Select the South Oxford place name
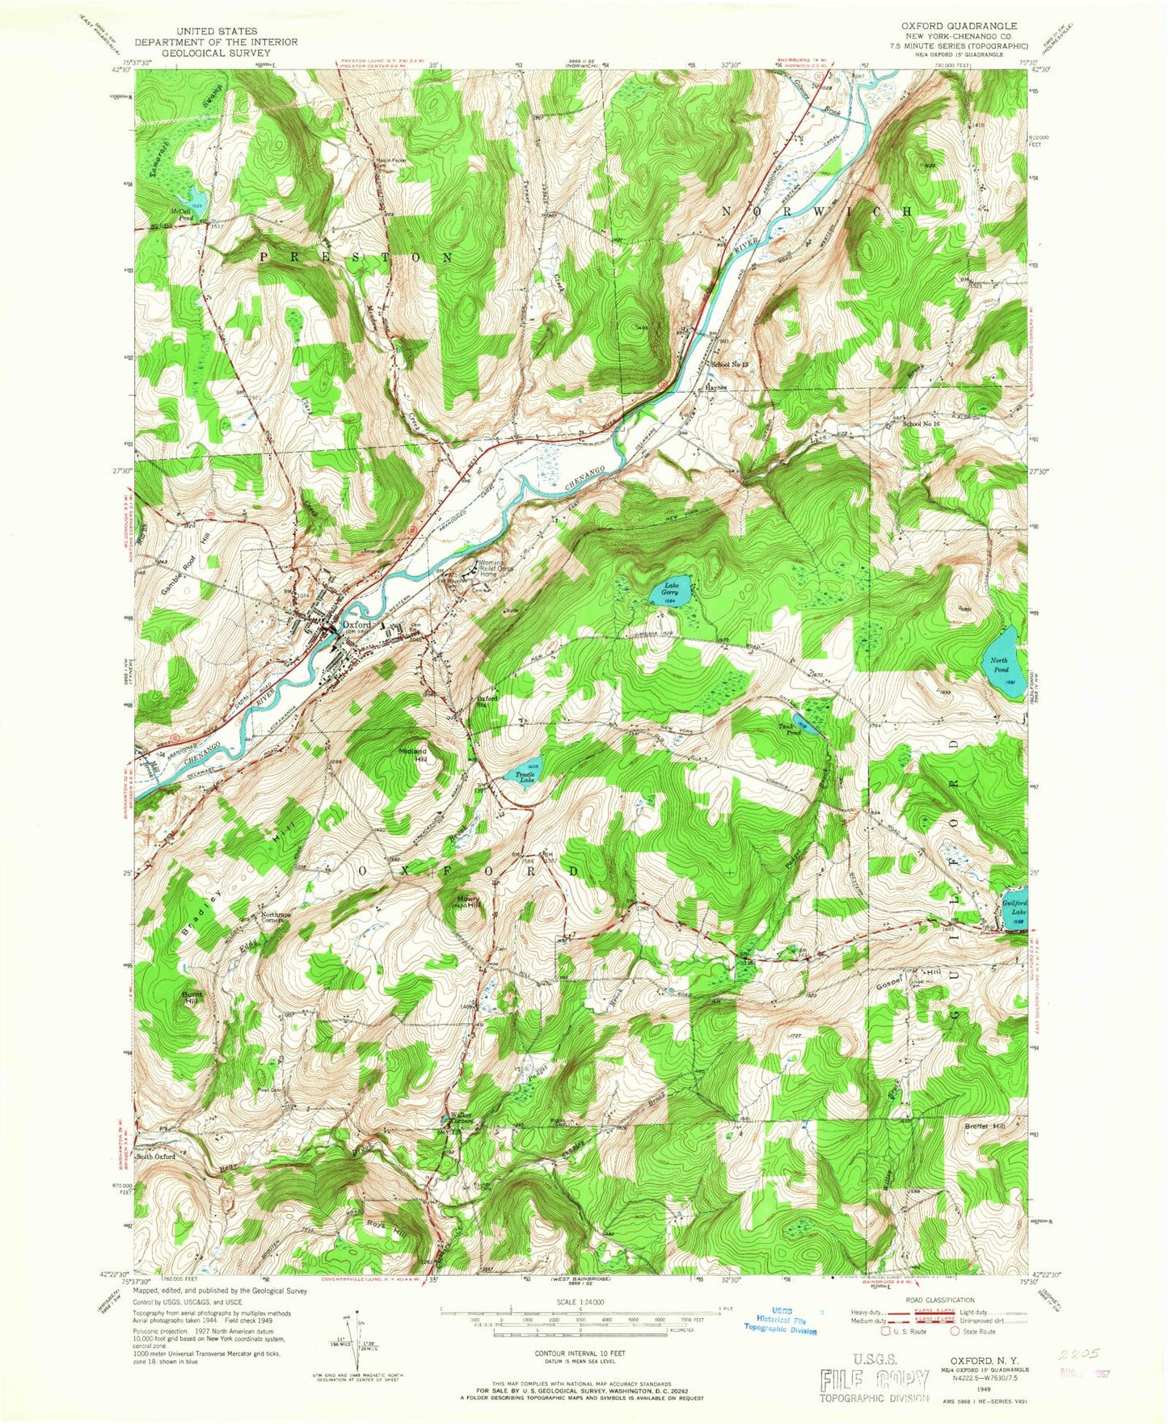155,1156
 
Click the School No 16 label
922,423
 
